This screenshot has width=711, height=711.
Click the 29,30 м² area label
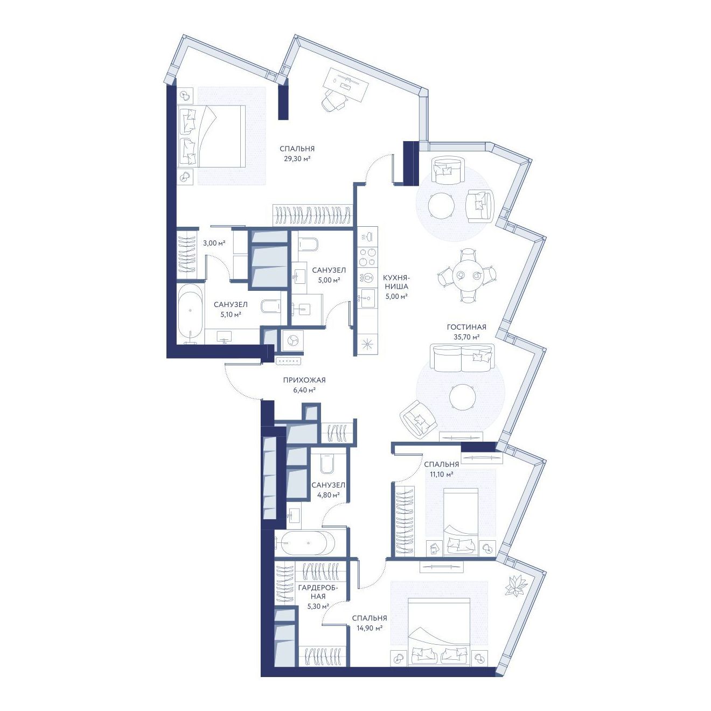coord(297,159)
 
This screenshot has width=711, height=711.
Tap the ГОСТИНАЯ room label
coord(466,327)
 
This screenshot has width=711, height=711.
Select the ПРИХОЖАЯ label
coord(304,380)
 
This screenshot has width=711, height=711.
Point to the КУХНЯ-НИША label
coord(396,282)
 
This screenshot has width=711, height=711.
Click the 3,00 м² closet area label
coord(214,243)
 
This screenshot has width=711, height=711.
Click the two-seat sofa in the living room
coord(462,357)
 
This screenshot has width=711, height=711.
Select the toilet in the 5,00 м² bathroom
coord(308,244)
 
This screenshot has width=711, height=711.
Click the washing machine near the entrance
coord(292,341)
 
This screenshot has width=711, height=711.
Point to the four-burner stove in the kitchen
coord(367,257)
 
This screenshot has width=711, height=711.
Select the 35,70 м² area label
coord(466,337)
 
